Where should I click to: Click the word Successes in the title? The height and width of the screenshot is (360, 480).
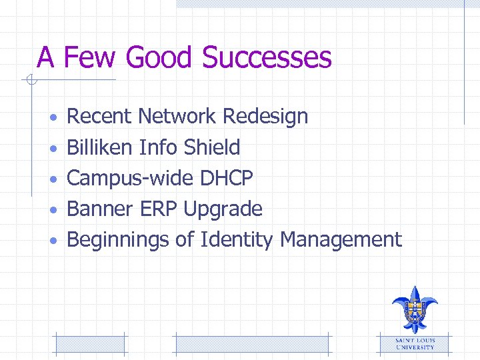click(267, 57)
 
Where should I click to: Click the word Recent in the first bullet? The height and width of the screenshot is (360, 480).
click(100, 117)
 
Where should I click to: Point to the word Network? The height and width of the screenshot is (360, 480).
click(177, 117)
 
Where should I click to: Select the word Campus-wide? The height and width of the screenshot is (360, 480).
click(131, 179)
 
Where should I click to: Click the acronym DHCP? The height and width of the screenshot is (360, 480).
click(227, 178)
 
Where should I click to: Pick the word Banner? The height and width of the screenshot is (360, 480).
click(101, 209)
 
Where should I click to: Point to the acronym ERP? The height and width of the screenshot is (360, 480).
click(159, 209)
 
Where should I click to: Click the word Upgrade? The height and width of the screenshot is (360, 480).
click(223, 210)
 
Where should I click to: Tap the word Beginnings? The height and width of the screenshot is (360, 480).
click(118, 240)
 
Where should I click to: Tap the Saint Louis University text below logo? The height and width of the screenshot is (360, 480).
click(415, 343)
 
